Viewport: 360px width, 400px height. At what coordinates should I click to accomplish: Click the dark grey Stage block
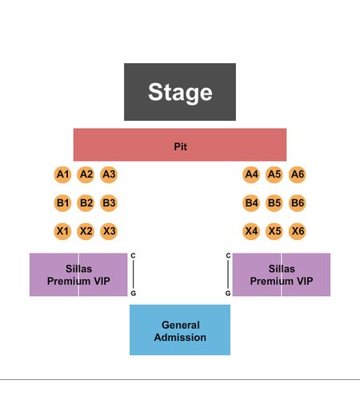[x=180, y=92]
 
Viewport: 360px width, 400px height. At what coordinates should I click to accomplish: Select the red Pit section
[x=180, y=145]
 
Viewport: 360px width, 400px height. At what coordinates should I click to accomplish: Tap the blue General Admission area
[x=180, y=330]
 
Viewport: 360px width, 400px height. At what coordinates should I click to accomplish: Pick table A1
[x=62, y=174]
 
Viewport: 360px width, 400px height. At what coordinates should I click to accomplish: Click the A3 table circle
[x=109, y=174]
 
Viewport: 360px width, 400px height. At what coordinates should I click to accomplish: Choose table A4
[x=251, y=174]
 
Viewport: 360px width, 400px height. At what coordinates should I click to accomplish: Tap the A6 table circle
[x=298, y=174]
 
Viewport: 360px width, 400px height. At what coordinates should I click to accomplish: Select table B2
[x=86, y=203]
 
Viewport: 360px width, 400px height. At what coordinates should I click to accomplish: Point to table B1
[x=62, y=203]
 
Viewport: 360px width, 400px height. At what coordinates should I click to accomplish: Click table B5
[x=274, y=203]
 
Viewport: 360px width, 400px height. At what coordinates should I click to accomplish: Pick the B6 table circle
[x=298, y=203]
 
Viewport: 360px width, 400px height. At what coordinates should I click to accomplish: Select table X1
[x=62, y=231]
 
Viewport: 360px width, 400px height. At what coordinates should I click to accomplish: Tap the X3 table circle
[x=109, y=231]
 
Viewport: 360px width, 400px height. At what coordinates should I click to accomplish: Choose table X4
[x=251, y=231]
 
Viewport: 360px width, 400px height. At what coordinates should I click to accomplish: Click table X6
[x=298, y=231]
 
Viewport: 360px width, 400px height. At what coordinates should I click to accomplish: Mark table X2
[x=86, y=231]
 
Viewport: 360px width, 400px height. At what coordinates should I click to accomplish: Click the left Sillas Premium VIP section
[x=78, y=274]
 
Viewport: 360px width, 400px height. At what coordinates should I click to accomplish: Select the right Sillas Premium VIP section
[x=282, y=274]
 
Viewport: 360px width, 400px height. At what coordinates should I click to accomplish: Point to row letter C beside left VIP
[x=133, y=255]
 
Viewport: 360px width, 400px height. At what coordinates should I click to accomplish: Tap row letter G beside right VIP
[x=228, y=294]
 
